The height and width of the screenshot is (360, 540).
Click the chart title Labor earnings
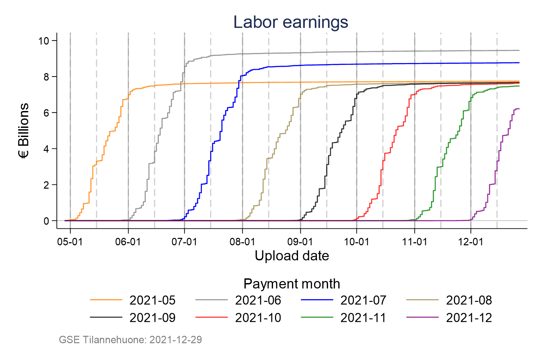pos(291,22)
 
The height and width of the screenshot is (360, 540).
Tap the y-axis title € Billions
pos(24,131)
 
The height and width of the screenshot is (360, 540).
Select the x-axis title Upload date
pos(292,256)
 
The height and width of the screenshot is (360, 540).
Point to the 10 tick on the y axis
pos(44,41)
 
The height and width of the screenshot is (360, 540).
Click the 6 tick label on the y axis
pos(46,113)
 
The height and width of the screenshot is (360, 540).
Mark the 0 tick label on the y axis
pos(46,221)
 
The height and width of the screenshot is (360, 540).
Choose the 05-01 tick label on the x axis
pos(70,242)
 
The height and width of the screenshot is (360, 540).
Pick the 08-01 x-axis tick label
pos(242,242)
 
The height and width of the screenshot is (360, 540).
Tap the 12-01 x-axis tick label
pos(470,242)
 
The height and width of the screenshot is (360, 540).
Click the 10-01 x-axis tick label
pos(356,242)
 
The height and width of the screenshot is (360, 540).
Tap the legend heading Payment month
pos(292,284)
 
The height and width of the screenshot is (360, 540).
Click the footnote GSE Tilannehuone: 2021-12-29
pos(130,339)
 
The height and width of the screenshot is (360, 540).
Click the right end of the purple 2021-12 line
pos(519,109)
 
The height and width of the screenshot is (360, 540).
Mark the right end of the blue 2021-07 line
pos(519,63)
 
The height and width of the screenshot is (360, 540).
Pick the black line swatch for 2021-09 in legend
pos(106,317)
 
